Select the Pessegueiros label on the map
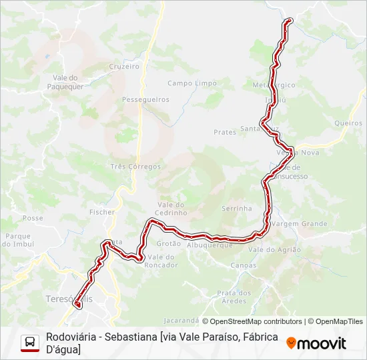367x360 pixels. [145, 99]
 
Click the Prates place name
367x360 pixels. [225, 132]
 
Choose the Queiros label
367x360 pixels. [348, 123]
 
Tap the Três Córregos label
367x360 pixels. [135, 166]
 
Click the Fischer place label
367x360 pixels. [102, 212]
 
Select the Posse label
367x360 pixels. [33, 218]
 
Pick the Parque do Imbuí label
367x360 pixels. [19, 240]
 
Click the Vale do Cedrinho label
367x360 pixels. [172, 208]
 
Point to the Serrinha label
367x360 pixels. [237, 208]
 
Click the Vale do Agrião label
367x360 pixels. [275, 249]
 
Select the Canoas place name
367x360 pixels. [242, 265]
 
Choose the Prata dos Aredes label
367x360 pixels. [234, 297]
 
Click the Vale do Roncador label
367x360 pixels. [161, 261]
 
